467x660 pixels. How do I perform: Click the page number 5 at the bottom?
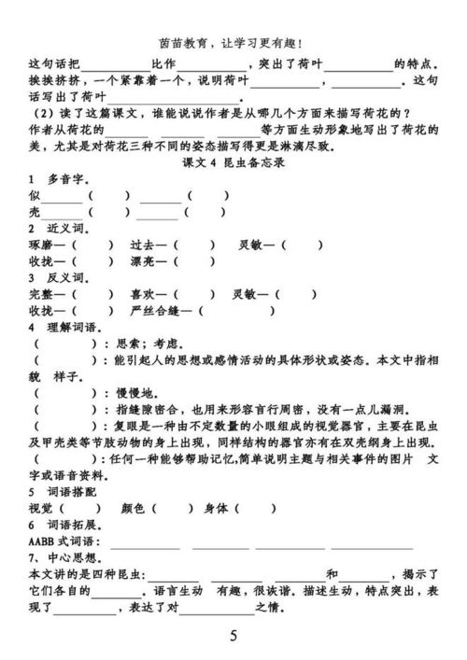[x=233, y=637]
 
